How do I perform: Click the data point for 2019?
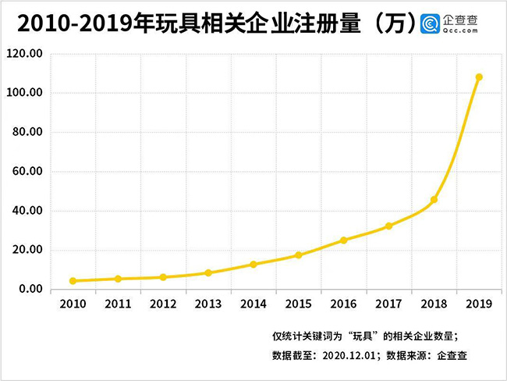[x=479, y=77]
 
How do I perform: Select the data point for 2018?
[x=434, y=200]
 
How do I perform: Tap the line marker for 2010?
[x=73, y=281]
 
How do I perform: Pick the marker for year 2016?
[x=344, y=240]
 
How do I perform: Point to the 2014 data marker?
[x=253, y=265]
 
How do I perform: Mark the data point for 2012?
[x=163, y=277]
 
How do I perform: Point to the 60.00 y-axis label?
[x=28, y=172]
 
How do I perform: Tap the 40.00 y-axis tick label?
[x=28, y=211]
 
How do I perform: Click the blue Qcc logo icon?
[x=431, y=24]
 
